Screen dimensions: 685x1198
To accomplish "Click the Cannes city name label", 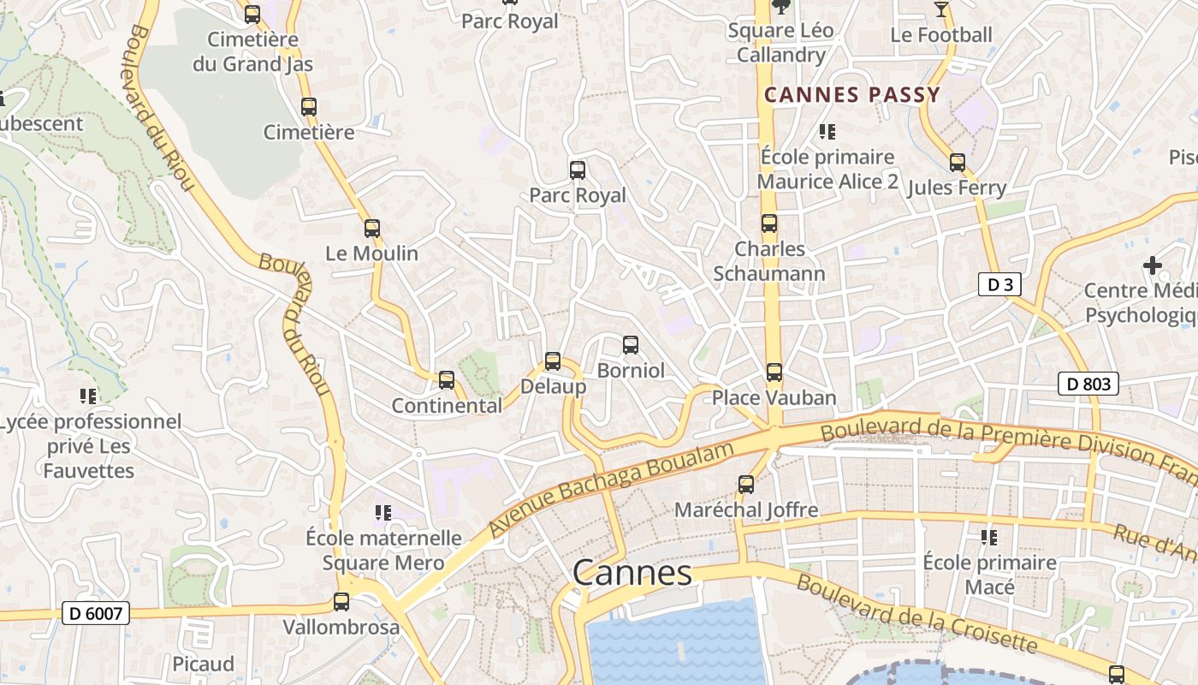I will pos(632,573).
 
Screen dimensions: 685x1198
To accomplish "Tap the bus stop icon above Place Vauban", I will pos(774,372).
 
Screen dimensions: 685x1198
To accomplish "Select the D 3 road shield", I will pos(999,284).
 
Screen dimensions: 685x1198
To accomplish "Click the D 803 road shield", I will pos(1088,384).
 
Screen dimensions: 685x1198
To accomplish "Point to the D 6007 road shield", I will pos(95,613).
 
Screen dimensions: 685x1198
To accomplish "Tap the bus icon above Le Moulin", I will pos(371,229).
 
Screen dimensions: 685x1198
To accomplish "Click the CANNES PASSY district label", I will pos(852,95).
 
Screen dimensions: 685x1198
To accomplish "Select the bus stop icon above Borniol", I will pos(631,345).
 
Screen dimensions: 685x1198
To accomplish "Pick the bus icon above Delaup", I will pos(553,361).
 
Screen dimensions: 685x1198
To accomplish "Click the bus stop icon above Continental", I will pos(447,380).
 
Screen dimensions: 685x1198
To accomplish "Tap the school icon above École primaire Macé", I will pos(989,538).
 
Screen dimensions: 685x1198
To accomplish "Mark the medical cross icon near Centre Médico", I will pos(1153,265).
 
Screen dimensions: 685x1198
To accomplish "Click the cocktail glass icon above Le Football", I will pos(941,9).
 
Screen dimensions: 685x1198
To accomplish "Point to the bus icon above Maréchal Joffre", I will pos(746,485).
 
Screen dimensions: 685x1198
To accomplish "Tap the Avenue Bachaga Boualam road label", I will pos(612,490).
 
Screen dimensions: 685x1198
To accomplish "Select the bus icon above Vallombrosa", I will pos(341,602).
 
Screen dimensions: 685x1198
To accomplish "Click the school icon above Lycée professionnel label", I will pos(88,396).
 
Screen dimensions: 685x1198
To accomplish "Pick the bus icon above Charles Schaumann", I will pos(769,223).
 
